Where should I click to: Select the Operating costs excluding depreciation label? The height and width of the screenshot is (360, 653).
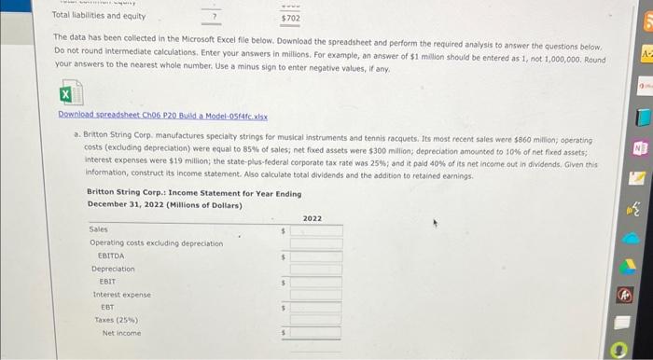click(156, 242)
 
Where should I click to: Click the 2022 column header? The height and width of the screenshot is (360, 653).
click(312, 218)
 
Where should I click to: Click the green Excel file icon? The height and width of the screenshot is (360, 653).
click(66, 95)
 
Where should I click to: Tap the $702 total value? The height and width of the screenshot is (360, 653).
click(290, 18)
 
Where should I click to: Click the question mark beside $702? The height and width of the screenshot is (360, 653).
click(215, 17)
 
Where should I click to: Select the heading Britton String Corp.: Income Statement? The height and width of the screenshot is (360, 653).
click(193, 194)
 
